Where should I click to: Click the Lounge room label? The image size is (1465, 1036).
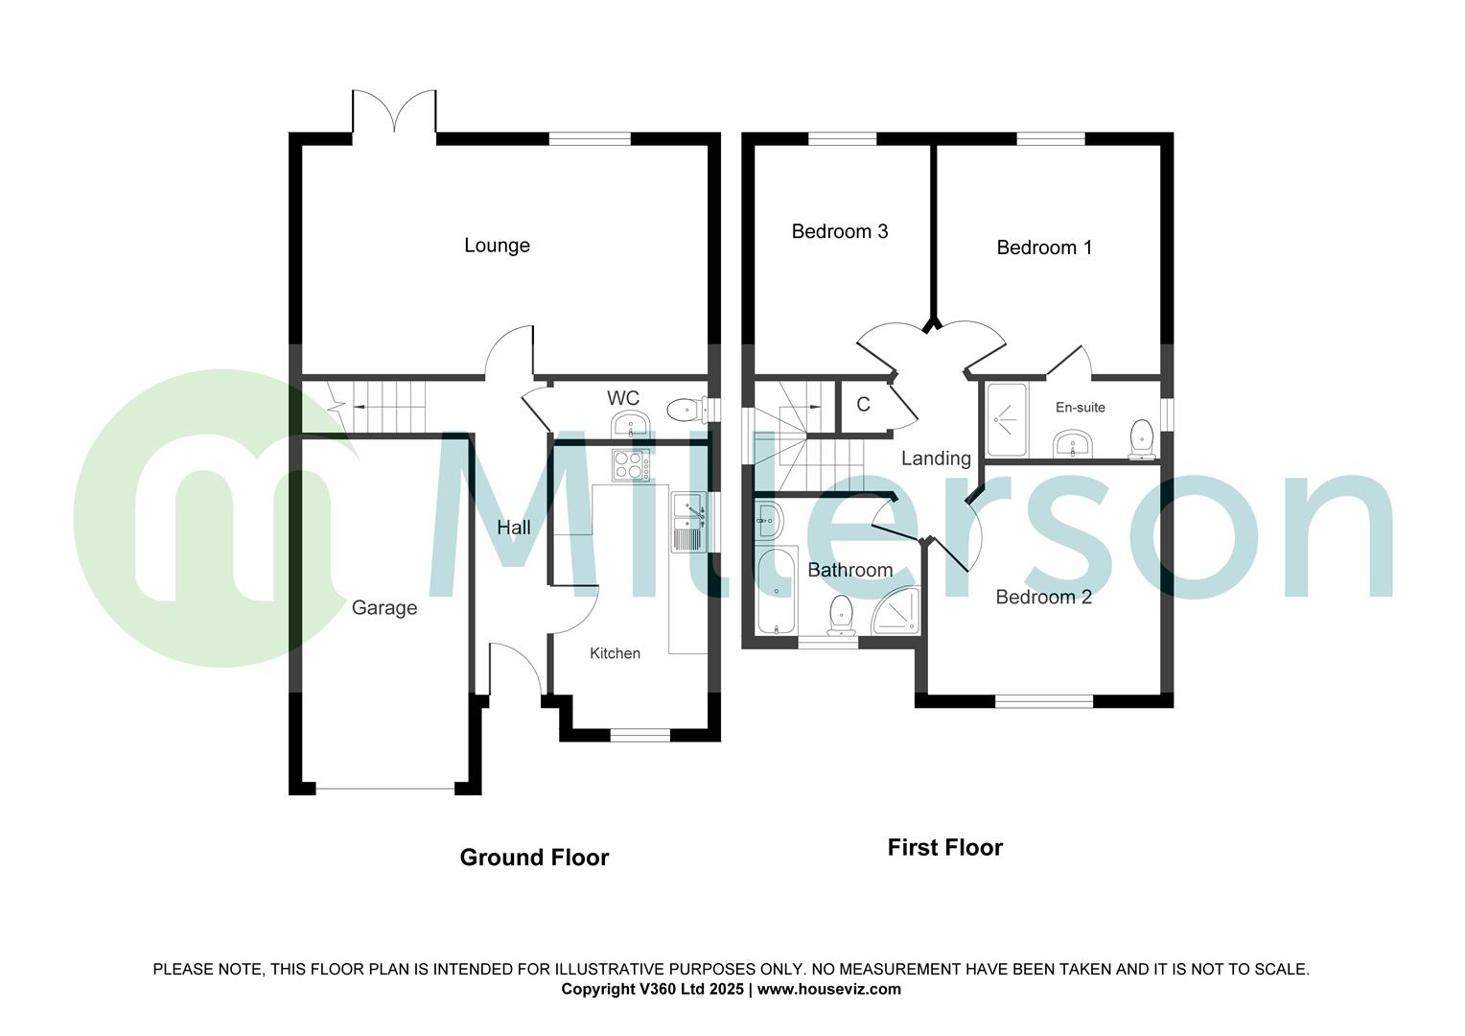pos(497,246)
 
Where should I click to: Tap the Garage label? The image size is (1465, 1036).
pos(384,607)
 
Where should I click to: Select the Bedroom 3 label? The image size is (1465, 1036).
pos(839,231)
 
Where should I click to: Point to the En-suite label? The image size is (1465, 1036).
pos(1080,408)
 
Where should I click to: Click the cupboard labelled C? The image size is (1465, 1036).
pos(863,405)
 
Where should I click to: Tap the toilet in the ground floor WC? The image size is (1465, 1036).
pos(683,411)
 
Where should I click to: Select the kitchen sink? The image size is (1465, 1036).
pos(688,523)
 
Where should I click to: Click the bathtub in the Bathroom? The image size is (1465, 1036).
pos(774,591)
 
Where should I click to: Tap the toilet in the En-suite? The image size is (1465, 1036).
pos(1141,437)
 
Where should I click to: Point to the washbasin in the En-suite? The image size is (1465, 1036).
pos(1073,444)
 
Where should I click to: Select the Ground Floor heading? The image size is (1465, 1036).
pos(534,858)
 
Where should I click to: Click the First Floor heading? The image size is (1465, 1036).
pos(944,848)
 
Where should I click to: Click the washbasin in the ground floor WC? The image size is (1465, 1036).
pos(629,424)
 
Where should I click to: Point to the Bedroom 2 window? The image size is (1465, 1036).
pos(1044,701)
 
